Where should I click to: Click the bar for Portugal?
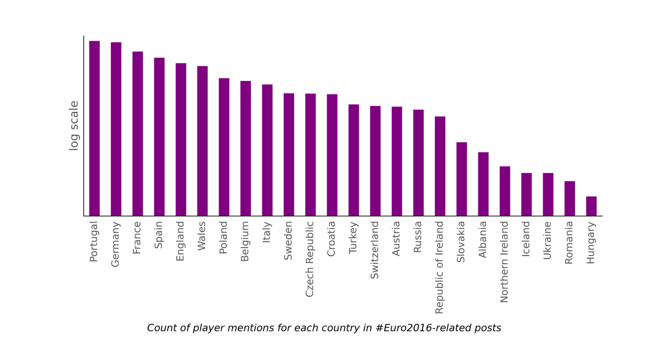(x=95, y=128)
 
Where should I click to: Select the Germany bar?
(x=116, y=129)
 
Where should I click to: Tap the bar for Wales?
(x=202, y=141)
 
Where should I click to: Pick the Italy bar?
(x=267, y=150)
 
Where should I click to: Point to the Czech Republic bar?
(x=310, y=155)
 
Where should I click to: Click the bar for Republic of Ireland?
(x=440, y=166)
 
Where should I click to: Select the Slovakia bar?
(x=462, y=179)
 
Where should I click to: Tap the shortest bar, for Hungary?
(x=591, y=206)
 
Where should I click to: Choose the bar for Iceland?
(x=526, y=194)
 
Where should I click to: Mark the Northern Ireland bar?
(x=505, y=191)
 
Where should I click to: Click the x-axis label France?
(x=137, y=238)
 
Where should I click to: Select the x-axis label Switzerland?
(x=375, y=250)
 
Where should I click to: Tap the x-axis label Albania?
(x=483, y=240)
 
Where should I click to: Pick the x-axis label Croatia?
(x=331, y=239)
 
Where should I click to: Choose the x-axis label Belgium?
(x=245, y=241)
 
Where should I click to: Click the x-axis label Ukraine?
(x=548, y=240)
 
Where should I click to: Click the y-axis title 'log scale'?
(x=74, y=125)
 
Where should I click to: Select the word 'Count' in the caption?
(x=160, y=328)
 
